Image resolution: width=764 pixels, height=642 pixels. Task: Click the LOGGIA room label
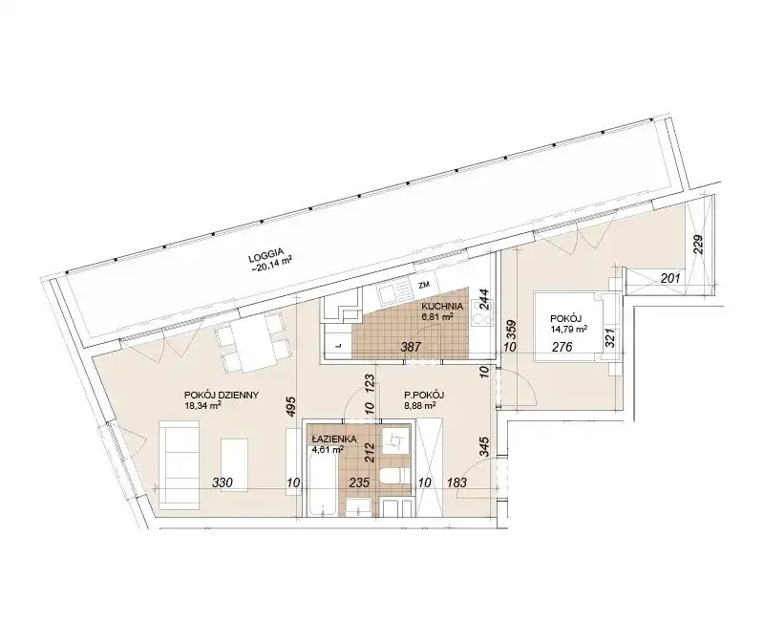point(265,252)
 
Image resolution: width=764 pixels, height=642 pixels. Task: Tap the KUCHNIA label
point(442,307)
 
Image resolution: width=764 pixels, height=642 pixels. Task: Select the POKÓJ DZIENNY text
point(222,395)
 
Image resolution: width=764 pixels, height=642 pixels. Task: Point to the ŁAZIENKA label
point(334,439)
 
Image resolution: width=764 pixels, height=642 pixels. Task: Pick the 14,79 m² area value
point(568,328)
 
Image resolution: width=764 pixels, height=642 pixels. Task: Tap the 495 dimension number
point(290,406)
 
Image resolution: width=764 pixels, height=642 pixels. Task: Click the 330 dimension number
point(223,482)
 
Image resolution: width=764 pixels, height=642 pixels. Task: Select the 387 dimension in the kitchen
point(411,347)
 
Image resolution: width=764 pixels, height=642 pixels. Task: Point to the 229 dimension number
point(698,245)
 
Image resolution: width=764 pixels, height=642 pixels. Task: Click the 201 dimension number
point(670,278)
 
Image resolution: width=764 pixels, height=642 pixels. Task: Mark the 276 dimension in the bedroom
point(562,347)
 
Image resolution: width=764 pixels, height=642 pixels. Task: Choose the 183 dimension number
point(456,482)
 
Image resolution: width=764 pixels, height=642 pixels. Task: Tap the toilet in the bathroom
point(394,476)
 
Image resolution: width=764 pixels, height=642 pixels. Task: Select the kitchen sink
point(393,293)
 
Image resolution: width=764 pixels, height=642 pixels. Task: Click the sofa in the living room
point(179,466)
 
